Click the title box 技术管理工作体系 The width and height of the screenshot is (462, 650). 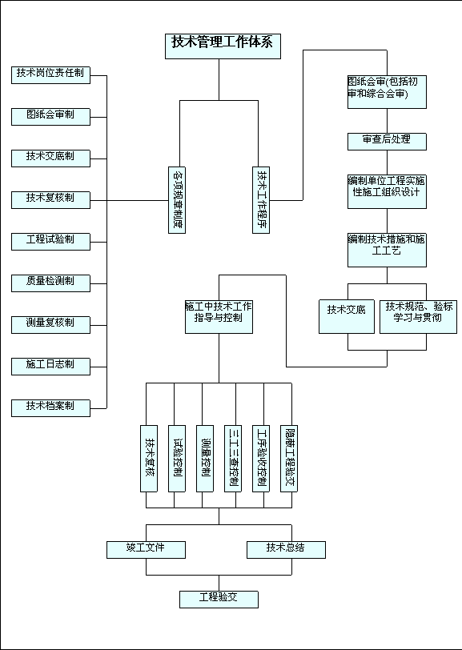point(223,46)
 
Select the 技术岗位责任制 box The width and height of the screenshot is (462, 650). point(50,75)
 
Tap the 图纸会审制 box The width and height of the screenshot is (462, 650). point(50,117)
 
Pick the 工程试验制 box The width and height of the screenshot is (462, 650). point(50,242)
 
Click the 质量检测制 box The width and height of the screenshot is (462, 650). point(50,283)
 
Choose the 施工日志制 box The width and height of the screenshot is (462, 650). point(50,367)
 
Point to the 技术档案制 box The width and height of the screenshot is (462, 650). point(50,408)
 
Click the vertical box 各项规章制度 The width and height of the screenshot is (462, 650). point(177,200)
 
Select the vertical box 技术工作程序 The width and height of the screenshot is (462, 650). point(261,200)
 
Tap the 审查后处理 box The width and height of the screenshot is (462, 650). point(387,142)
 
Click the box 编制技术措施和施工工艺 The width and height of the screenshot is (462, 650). point(387,250)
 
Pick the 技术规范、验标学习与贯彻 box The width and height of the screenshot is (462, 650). point(418,317)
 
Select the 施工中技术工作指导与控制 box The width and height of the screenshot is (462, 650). point(219,317)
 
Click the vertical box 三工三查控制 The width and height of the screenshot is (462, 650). point(233,459)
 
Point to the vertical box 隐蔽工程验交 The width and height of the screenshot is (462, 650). point(288,459)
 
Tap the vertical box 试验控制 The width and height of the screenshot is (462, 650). point(177,459)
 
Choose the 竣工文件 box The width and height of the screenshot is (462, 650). point(146,550)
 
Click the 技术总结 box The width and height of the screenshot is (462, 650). point(286,550)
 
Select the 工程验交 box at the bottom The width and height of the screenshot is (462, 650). point(219,600)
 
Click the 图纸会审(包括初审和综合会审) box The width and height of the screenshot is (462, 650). point(387,91)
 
